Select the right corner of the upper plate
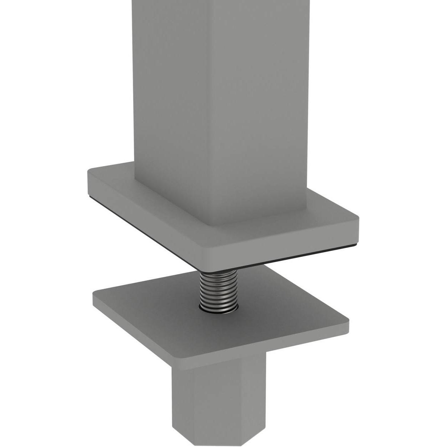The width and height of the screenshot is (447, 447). (357, 219)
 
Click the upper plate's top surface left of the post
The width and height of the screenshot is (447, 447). (114, 179)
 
